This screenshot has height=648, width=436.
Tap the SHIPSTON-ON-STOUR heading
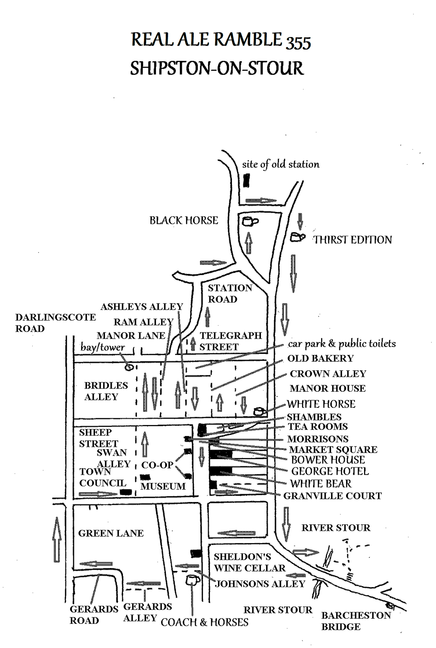coord(217,68)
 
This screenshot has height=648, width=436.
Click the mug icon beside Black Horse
coord(250,222)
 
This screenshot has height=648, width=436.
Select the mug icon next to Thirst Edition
coord(297,237)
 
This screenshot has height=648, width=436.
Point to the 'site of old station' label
coord(281,164)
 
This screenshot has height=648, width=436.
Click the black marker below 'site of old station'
coord(247,180)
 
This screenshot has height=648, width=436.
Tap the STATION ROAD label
coord(230,293)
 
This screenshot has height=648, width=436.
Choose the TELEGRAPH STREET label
coord(231,341)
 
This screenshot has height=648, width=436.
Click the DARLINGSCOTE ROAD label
coord(56,323)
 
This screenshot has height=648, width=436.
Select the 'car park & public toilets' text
coord(342,344)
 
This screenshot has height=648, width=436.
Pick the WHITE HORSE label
coord(321,404)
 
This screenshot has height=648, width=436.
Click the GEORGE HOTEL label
coord(330,471)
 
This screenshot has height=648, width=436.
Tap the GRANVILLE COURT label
coord(332,496)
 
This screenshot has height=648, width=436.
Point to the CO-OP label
coord(157,465)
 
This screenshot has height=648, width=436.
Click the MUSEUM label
coord(163,486)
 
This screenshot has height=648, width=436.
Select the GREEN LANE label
coord(111,533)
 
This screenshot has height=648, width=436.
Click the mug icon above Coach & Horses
coord(193,580)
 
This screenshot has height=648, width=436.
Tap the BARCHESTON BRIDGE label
coord(356,621)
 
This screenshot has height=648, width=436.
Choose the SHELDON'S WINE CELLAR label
coord(250,562)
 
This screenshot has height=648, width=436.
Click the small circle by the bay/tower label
coord(129,367)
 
